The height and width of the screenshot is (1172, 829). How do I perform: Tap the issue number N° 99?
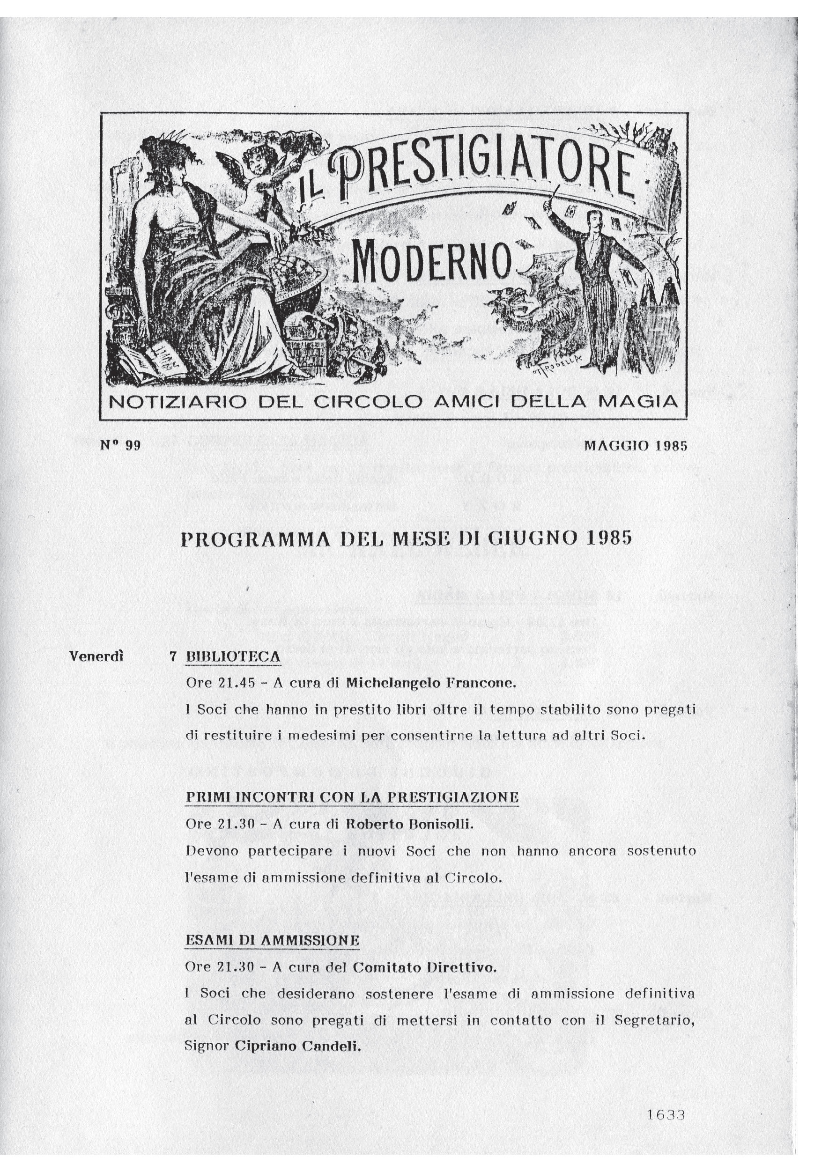pyautogui.click(x=120, y=445)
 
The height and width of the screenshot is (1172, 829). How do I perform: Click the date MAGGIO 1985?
pyautogui.click(x=636, y=446)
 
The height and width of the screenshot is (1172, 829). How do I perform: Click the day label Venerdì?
pyautogui.click(x=96, y=656)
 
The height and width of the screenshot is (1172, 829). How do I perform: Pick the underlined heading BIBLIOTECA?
pyautogui.click(x=233, y=656)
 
